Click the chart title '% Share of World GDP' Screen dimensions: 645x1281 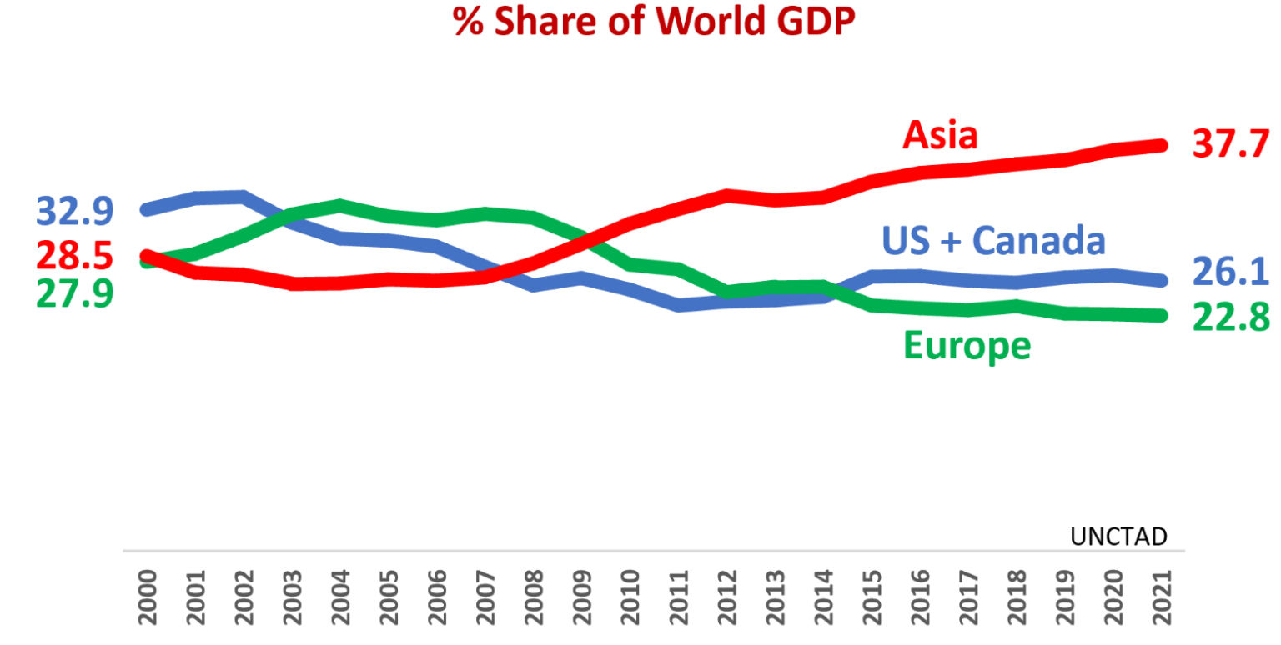(654, 22)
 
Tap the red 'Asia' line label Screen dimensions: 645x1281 (940, 134)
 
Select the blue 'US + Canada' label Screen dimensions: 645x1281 (993, 241)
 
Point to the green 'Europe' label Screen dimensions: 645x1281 (967, 344)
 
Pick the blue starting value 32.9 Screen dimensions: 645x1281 (75, 212)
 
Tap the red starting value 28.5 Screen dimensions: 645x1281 (75, 257)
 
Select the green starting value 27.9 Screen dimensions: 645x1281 (75, 294)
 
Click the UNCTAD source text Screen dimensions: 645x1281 (1118, 537)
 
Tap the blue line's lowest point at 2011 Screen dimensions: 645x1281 (679, 306)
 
